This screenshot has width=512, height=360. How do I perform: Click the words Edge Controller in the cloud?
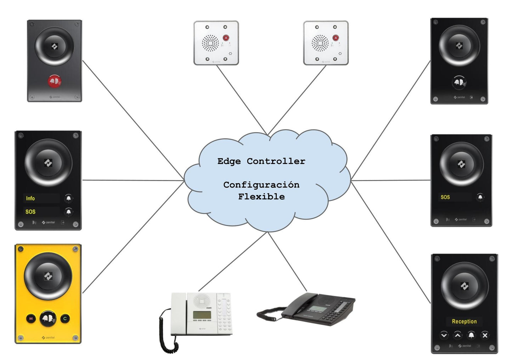[x=261, y=161]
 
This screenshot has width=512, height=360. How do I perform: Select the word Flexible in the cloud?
[x=261, y=197]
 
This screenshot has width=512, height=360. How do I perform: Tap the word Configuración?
[x=261, y=185]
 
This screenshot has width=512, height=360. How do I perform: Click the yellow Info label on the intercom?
[x=30, y=198]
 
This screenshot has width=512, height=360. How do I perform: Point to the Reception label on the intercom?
[x=464, y=321]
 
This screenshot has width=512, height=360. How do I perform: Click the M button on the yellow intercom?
[x=31, y=319]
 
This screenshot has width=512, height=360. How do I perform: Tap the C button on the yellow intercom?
[x=65, y=319]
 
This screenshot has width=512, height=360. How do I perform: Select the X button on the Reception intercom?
[x=485, y=335]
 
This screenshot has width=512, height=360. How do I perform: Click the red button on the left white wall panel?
[x=226, y=38]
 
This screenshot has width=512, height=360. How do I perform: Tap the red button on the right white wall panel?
[x=336, y=38]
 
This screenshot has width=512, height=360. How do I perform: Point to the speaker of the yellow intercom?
[x=48, y=276]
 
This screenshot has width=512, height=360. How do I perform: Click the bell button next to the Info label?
[x=68, y=198]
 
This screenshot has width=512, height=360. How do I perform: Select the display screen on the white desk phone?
[x=202, y=315]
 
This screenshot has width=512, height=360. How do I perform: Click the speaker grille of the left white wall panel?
[x=210, y=43]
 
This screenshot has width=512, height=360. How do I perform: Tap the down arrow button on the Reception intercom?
[x=444, y=335]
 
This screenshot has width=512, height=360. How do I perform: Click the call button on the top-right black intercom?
[x=459, y=82]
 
